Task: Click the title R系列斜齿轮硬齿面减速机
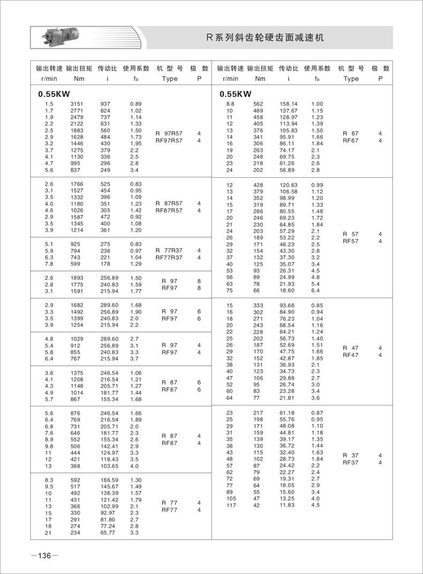(265, 38)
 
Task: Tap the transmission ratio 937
(105, 103)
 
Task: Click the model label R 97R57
(169, 133)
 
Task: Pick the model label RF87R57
(169, 210)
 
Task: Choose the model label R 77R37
(169, 250)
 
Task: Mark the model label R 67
(351, 133)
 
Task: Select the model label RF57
(351, 241)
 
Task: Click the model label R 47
(351, 348)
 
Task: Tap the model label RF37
(351, 463)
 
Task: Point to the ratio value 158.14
(289, 103)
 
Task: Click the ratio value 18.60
(289, 290)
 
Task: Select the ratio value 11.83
(289, 505)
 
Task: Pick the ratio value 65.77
(109, 533)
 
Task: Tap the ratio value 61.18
(289, 413)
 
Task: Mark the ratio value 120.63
(289, 185)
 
